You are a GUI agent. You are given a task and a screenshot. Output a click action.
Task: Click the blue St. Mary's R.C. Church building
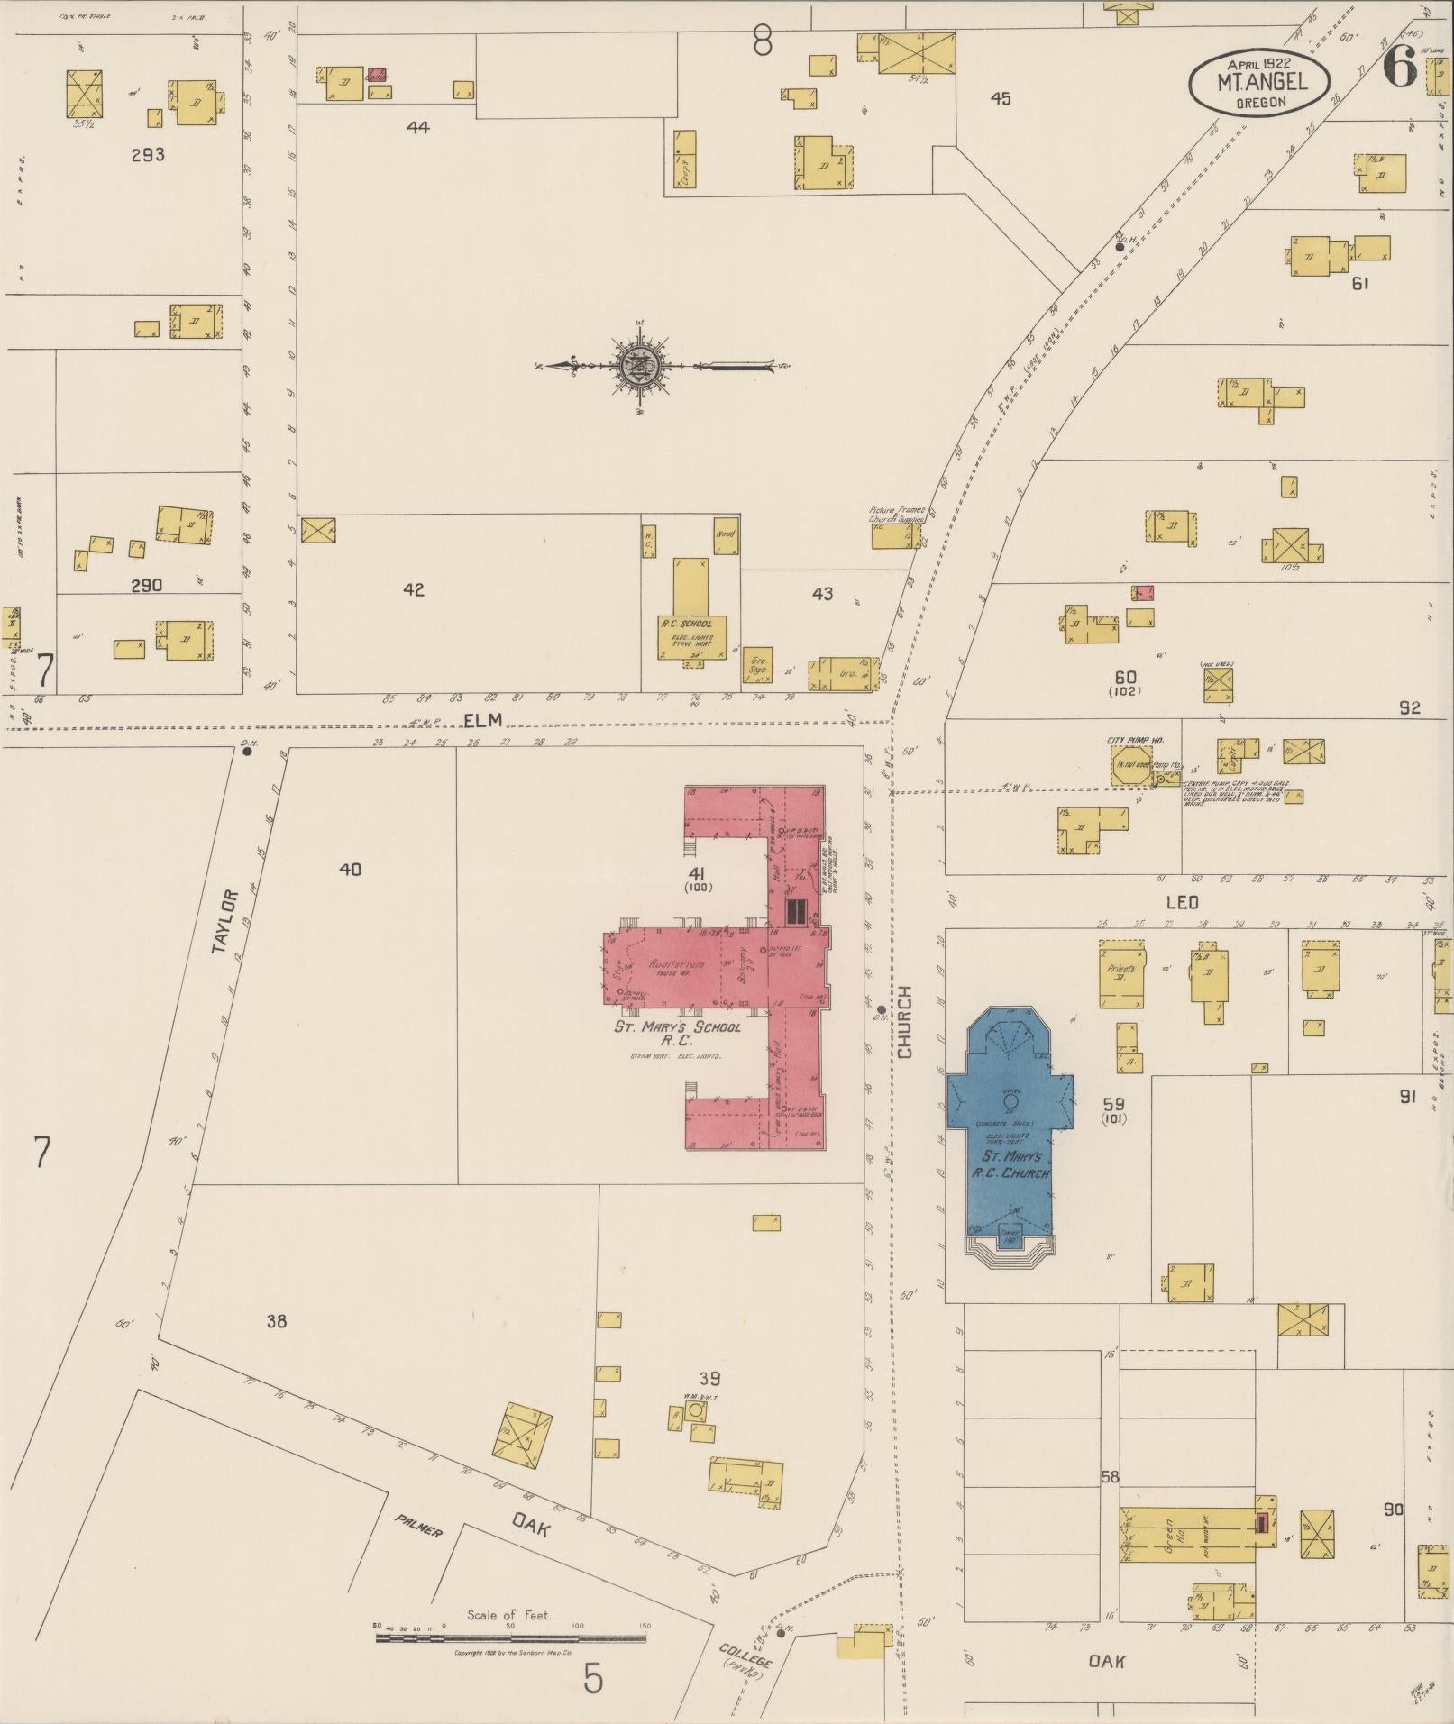1010,1127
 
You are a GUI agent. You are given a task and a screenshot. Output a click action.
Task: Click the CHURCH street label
904,1021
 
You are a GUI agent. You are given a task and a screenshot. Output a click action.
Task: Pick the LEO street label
1182,902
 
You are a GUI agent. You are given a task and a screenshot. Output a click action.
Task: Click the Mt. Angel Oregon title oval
1258,83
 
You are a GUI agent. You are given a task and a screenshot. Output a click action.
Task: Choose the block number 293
148,154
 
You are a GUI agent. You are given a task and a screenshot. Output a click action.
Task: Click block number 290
146,585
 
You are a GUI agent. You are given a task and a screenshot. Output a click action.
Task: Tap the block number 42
414,590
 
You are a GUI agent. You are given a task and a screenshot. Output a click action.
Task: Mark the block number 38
277,1321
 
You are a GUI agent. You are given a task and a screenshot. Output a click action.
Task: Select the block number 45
1000,98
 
